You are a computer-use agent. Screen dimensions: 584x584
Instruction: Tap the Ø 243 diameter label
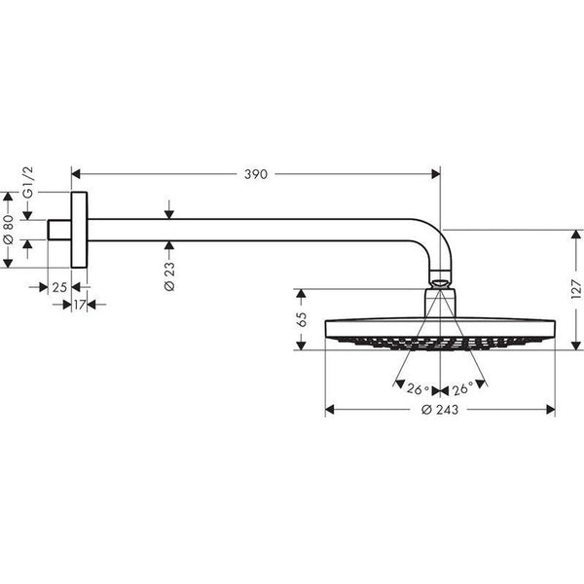(x=440, y=409)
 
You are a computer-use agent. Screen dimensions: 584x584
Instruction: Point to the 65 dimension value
(x=302, y=318)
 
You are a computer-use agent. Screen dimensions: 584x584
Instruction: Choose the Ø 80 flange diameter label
(x=8, y=229)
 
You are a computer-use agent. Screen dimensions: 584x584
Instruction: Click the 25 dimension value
(x=58, y=287)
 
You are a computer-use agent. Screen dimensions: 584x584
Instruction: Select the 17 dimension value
(x=79, y=305)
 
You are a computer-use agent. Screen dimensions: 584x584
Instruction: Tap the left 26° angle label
(x=419, y=388)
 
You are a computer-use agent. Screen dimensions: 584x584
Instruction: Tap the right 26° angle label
(x=463, y=388)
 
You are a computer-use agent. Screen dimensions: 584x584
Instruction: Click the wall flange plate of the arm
(x=79, y=228)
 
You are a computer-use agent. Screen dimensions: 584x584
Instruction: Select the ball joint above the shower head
(x=440, y=282)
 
